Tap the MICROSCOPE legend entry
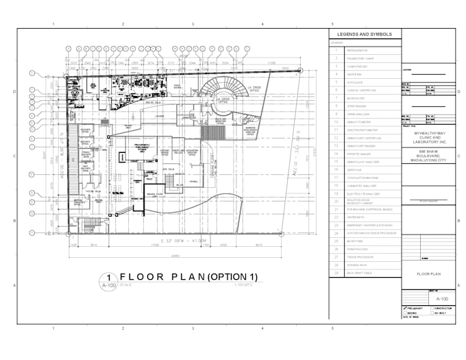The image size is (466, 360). [x=357, y=97]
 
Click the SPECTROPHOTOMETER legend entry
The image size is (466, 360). [x=364, y=130]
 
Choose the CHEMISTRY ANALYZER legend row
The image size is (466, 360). [x=363, y=185]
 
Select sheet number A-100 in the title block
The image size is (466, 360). [x=442, y=299]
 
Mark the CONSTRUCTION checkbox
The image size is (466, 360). [x=432, y=308]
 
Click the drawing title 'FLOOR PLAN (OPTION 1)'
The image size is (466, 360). [x=188, y=277]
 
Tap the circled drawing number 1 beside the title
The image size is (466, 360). [x=109, y=276]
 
